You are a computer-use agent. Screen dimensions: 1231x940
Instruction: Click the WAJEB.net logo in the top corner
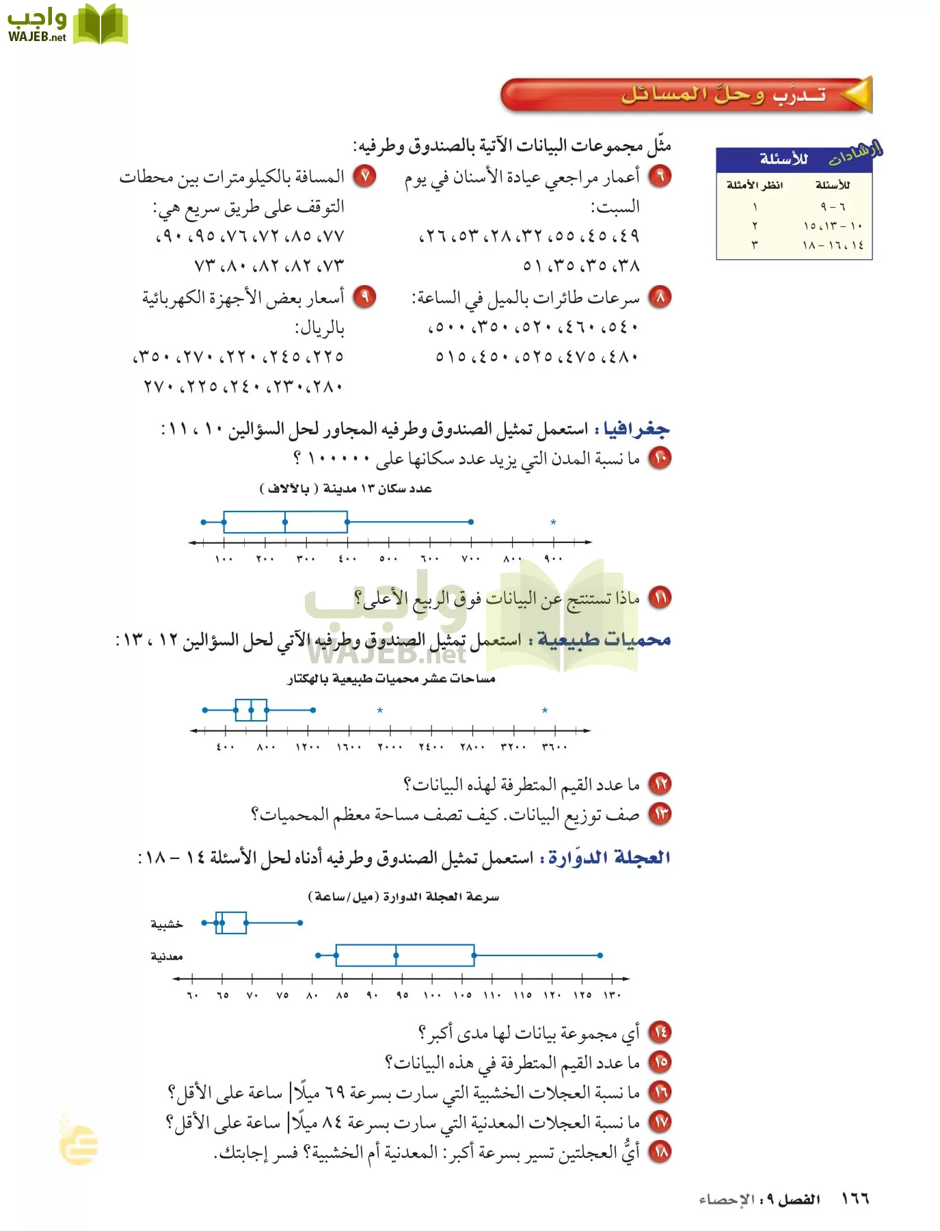click(x=67, y=25)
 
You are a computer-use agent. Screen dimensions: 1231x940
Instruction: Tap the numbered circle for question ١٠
click(x=660, y=458)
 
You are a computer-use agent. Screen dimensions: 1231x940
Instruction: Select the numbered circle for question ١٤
click(x=660, y=1032)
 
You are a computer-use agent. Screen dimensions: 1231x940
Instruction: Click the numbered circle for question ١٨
click(x=660, y=1152)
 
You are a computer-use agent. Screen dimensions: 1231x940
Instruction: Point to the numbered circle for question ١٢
click(x=660, y=783)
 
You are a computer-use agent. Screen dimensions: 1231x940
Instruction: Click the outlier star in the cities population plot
click(x=553, y=522)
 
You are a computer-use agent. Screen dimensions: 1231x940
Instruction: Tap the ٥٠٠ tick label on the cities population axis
click(x=388, y=559)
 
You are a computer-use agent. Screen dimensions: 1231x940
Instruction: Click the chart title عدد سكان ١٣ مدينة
click(x=346, y=488)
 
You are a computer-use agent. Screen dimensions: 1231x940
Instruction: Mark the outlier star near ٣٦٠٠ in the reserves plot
click(x=545, y=711)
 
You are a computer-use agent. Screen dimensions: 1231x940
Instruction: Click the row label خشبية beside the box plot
click(x=167, y=925)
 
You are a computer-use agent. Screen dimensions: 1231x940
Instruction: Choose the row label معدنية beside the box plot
click(x=167, y=956)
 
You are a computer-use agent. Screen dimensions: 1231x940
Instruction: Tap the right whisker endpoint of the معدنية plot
click(x=600, y=955)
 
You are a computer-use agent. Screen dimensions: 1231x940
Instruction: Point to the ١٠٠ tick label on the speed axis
click(x=432, y=995)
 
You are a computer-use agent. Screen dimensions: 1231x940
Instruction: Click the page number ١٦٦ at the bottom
click(x=855, y=1199)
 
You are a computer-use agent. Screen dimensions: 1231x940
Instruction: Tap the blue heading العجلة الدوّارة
click(x=609, y=858)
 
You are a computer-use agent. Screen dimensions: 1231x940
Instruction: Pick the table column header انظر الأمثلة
click(x=755, y=185)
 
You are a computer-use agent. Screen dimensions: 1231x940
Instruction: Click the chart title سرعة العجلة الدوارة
click(x=403, y=897)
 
